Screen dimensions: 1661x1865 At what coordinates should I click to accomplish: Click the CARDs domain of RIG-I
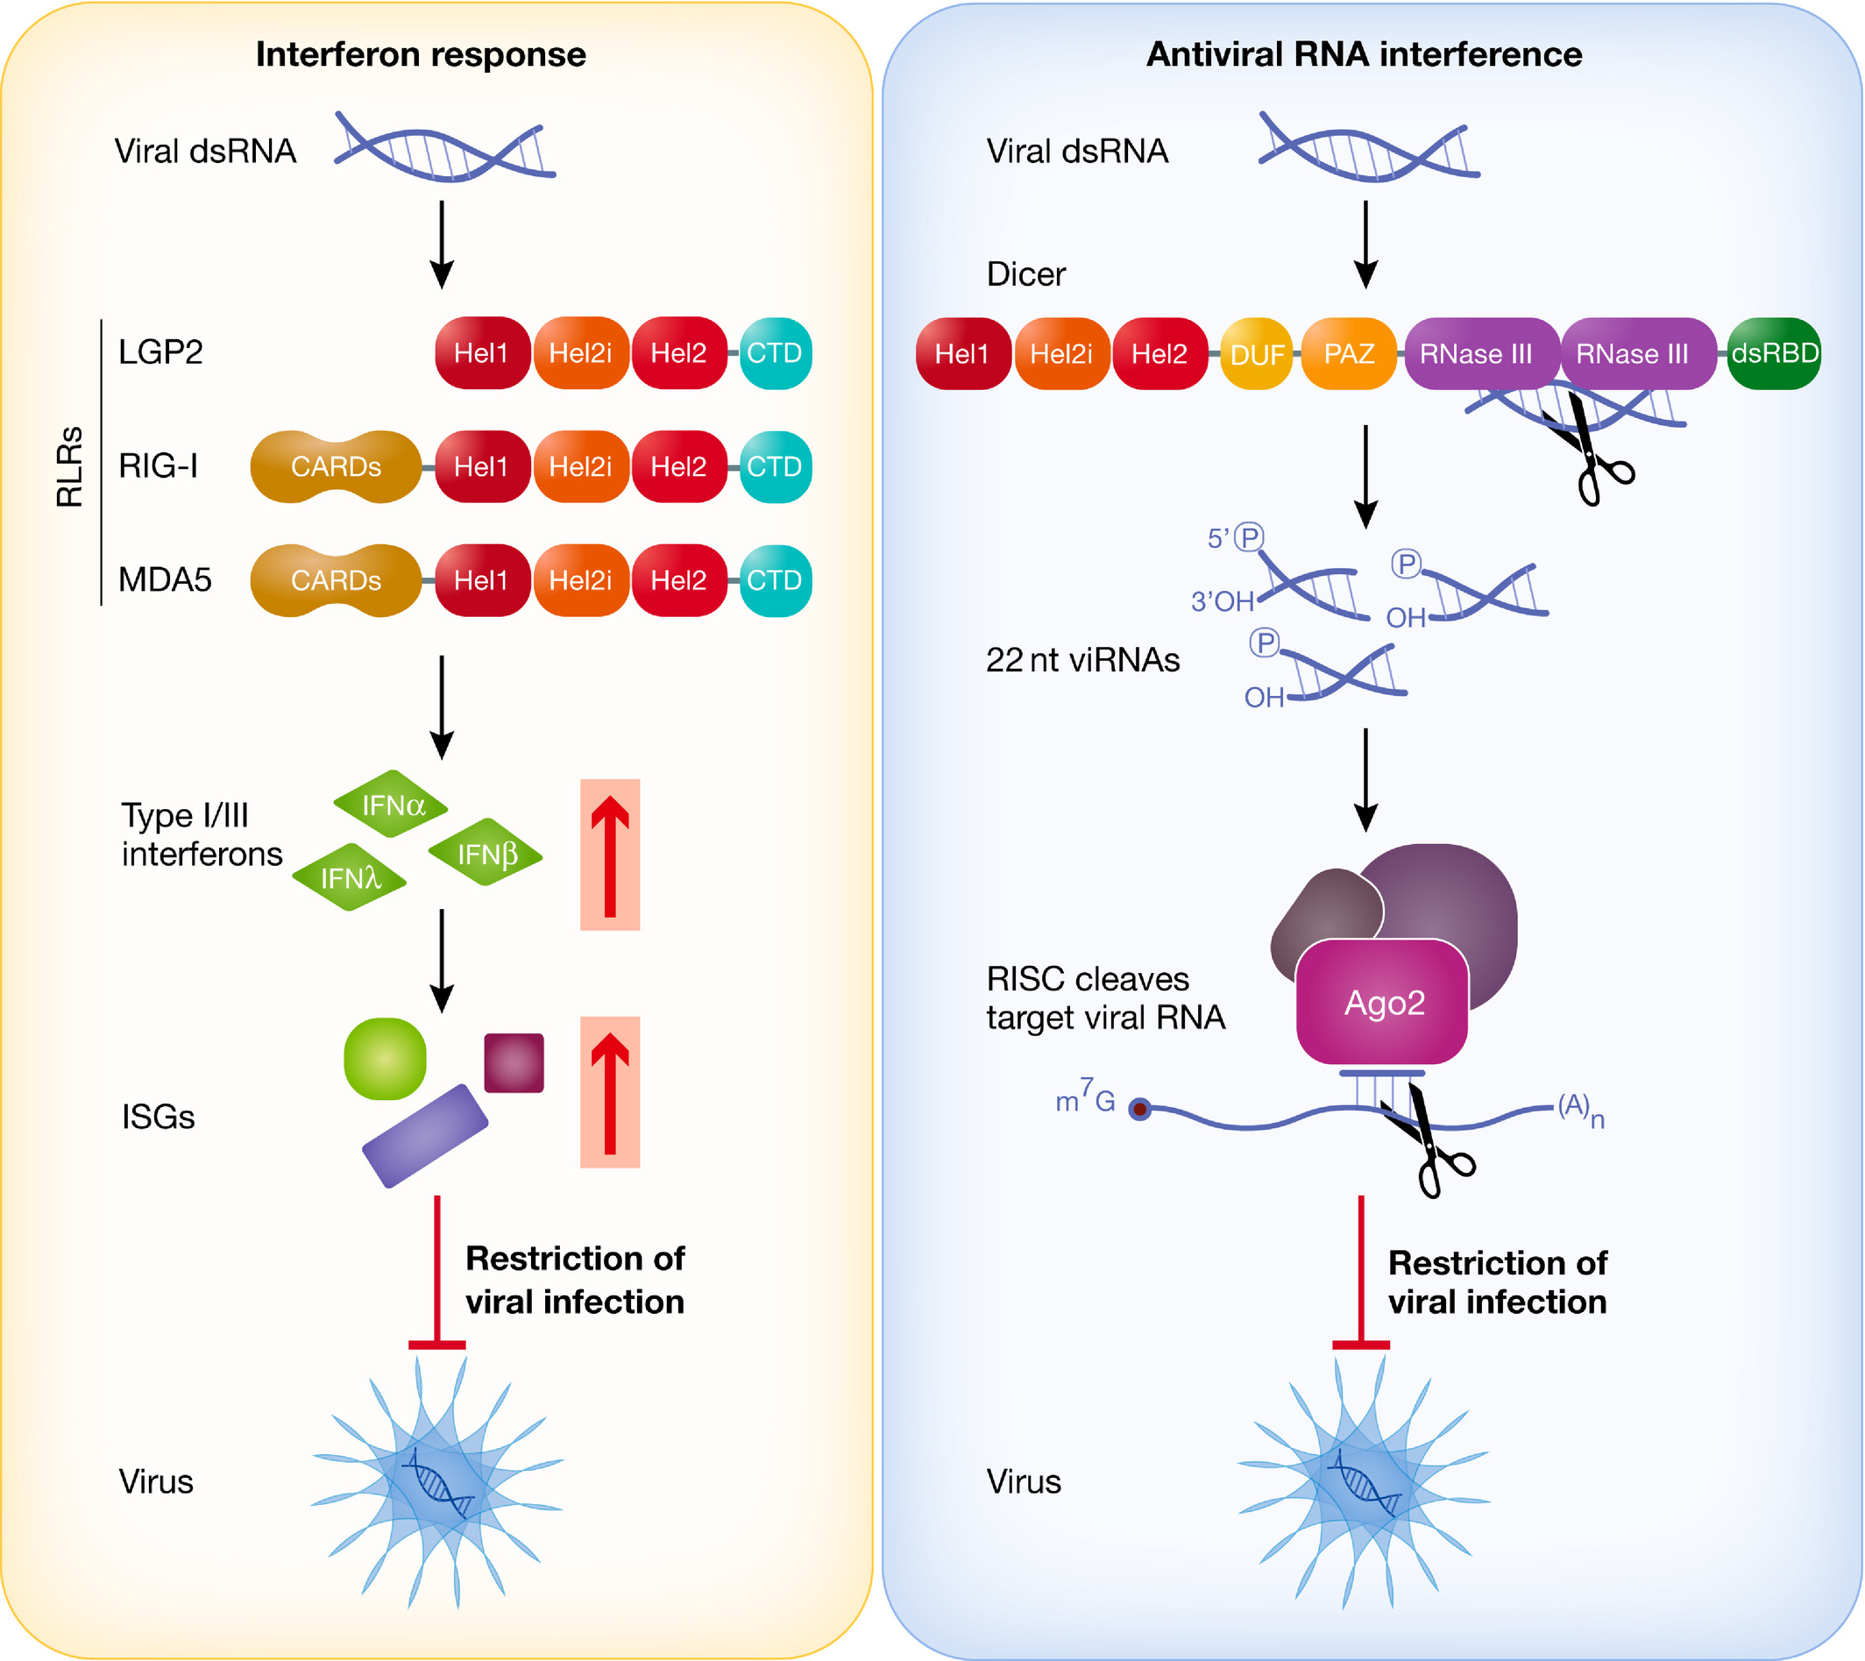click(x=336, y=467)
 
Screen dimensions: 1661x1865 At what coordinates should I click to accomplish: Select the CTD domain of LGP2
click(x=775, y=353)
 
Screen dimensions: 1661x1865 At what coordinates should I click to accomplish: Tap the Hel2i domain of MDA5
click(x=580, y=580)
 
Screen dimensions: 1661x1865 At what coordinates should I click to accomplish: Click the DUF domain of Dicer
click(x=1257, y=354)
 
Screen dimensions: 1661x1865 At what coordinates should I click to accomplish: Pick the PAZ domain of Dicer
click(x=1349, y=353)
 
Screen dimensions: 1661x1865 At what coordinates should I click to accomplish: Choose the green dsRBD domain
click(x=1774, y=353)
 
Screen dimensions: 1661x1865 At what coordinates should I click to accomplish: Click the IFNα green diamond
click(x=392, y=805)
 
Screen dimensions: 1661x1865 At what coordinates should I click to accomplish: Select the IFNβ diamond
click(x=486, y=855)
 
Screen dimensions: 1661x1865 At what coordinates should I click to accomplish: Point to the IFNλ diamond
click(x=350, y=878)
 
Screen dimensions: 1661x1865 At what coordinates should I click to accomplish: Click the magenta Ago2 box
click(x=1382, y=1002)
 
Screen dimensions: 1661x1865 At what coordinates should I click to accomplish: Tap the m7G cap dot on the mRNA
click(x=1139, y=1110)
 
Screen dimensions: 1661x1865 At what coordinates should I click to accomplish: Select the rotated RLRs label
click(x=70, y=466)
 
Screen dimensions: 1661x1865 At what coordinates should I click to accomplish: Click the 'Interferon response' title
click(x=421, y=54)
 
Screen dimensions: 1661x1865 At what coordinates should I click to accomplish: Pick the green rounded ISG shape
click(x=385, y=1059)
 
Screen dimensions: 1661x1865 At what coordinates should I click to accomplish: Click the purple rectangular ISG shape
click(x=425, y=1136)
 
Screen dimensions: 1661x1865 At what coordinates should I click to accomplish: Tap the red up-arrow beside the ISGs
click(x=609, y=1092)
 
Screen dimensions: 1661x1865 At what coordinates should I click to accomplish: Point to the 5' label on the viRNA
click(x=1218, y=538)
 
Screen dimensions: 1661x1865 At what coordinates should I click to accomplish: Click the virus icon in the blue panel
click(x=1363, y=1483)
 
